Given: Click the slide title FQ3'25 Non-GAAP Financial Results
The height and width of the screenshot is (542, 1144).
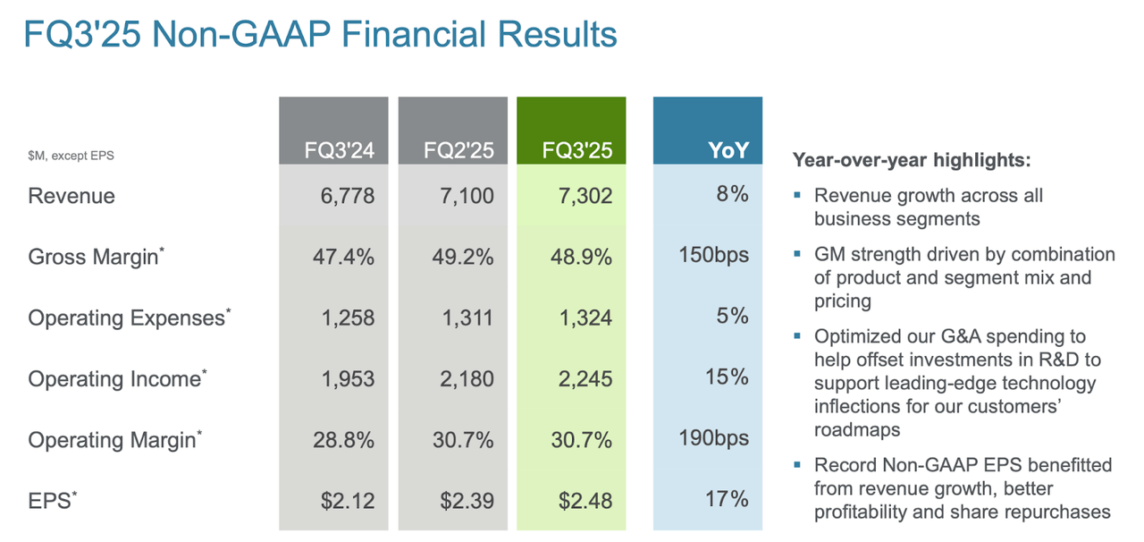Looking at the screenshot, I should click(320, 35).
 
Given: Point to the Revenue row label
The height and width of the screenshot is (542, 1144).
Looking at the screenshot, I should click(71, 196).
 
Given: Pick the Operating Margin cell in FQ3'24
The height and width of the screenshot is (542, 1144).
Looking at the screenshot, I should click(344, 440).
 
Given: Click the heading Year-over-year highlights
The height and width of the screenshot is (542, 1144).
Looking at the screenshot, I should click(911, 161).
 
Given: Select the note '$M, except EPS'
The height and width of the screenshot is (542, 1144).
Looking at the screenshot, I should click(71, 156).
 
